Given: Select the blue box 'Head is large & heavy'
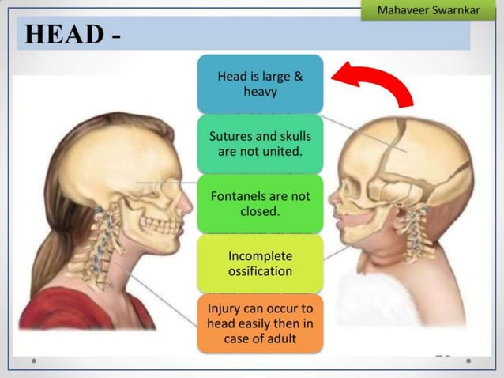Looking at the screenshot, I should point(260,84).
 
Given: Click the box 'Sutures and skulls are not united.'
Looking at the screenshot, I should point(260,143).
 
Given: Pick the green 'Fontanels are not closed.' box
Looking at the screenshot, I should point(260,204).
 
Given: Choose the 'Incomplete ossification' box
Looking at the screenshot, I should point(260,263).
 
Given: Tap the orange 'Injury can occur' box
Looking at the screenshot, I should point(260,323).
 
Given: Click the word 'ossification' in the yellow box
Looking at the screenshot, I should point(260,271).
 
